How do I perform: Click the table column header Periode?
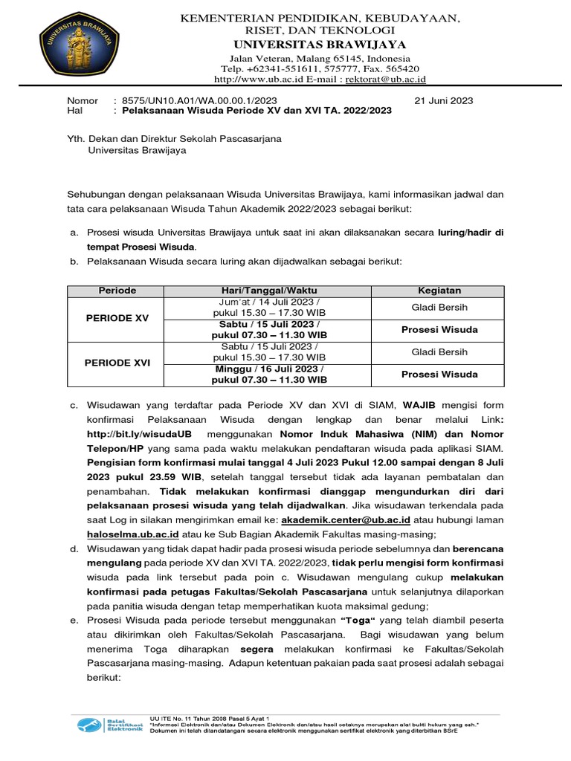(x=117, y=291)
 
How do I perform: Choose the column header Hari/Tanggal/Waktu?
(x=269, y=291)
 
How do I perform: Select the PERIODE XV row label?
(x=117, y=318)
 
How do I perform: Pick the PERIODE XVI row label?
(x=117, y=363)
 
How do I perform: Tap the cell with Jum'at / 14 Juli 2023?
(x=269, y=308)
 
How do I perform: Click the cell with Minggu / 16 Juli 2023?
(x=269, y=374)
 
